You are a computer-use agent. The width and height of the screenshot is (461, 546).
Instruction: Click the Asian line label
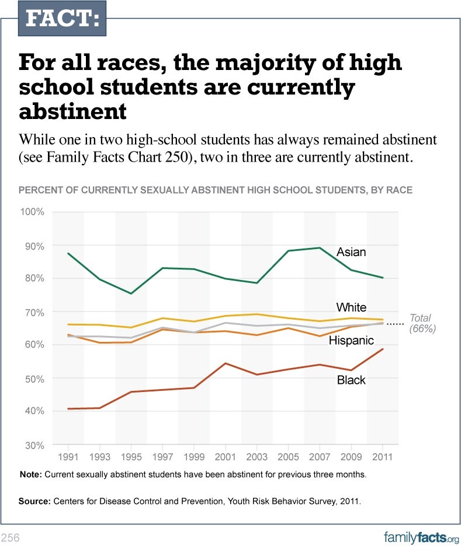coord(351,252)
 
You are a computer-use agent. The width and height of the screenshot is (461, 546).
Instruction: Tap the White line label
coord(351,307)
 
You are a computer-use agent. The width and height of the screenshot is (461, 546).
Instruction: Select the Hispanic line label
coord(351,341)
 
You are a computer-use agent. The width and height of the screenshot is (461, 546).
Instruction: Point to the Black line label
coord(351,380)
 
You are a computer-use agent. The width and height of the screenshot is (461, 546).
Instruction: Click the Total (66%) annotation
coord(420,323)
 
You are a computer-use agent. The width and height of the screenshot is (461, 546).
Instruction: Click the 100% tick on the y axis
coord(33,212)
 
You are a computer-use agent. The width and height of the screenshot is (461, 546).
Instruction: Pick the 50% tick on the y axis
coord(34,379)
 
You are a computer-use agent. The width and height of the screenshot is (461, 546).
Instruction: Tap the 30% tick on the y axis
coord(34,445)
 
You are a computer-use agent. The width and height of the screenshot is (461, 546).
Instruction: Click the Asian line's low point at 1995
coord(131,293)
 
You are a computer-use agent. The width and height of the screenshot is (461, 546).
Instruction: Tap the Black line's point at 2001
coord(226,363)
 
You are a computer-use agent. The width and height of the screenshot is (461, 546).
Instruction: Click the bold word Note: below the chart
coord(30,475)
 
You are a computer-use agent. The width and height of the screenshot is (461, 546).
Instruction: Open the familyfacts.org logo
coord(421,537)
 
